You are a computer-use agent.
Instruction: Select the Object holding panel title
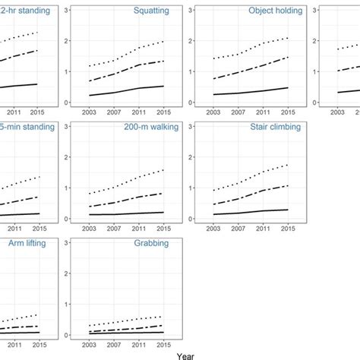point(275,11)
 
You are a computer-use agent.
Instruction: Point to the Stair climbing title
point(275,128)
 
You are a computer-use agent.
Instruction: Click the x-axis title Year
point(185,354)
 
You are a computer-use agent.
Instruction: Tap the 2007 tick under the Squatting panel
point(113,112)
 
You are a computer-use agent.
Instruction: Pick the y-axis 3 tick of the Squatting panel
point(70,10)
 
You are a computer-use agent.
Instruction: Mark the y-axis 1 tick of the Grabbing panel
point(70,305)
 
